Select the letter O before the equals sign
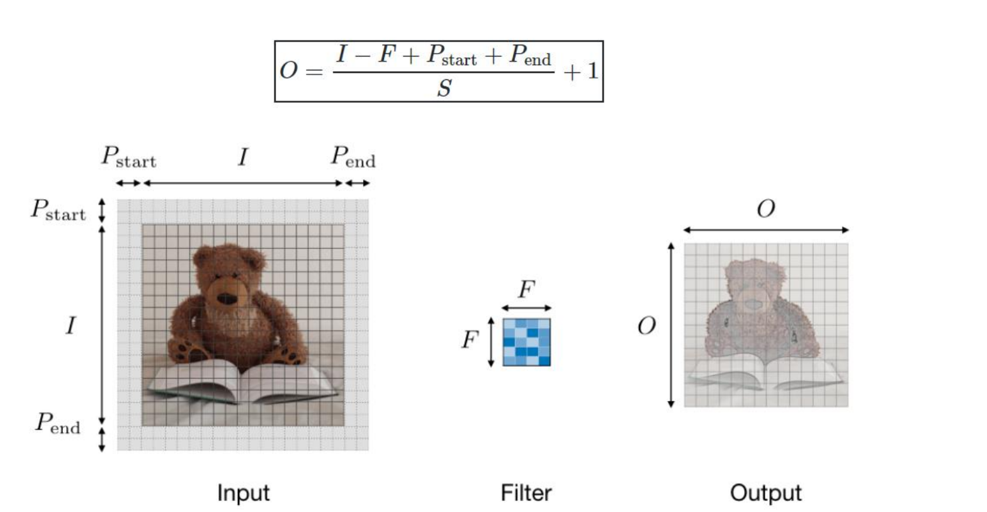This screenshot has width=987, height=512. coord(288,70)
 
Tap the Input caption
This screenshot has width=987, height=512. coord(243,493)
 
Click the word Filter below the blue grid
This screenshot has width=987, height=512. coord(526,493)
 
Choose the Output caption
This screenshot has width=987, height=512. coord(765,493)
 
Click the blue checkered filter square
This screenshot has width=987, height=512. coord(526,342)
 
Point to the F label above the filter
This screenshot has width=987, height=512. coord(526,290)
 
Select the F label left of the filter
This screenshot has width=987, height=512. coord(470,340)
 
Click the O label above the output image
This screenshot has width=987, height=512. coord(765,209)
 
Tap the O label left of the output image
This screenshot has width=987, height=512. coord(646,326)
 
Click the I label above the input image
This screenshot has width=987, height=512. coord(243,157)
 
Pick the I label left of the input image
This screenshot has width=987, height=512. coord(70,326)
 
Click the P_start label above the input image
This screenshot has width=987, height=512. coord(128,157)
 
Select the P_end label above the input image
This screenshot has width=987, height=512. coord(353,157)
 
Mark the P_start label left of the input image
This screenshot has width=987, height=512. coord(58,210)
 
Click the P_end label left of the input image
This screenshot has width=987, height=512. coord(57,423)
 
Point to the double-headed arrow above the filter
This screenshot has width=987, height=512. coord(526,308)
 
